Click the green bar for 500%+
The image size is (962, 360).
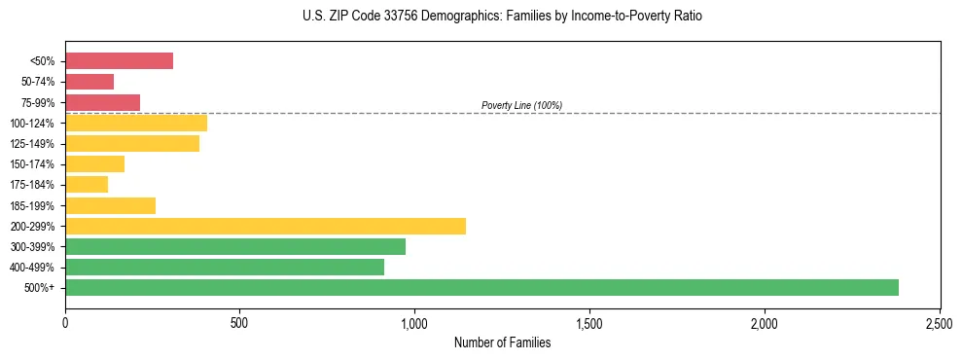click(x=481, y=287)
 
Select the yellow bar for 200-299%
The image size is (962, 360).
click(x=266, y=226)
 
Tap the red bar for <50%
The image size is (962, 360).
click(x=119, y=61)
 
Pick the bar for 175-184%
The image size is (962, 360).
click(x=87, y=185)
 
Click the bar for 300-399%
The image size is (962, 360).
click(x=235, y=246)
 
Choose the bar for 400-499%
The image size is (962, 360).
click(x=225, y=267)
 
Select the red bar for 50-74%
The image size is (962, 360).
click(x=89, y=82)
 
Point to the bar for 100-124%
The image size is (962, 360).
click(x=136, y=124)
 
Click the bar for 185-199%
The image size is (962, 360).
click(x=110, y=205)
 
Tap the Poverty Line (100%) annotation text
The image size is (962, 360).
click(x=521, y=105)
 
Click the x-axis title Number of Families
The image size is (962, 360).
click(x=503, y=342)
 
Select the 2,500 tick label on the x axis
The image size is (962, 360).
click(x=940, y=321)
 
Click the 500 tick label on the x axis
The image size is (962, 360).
click(x=240, y=321)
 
